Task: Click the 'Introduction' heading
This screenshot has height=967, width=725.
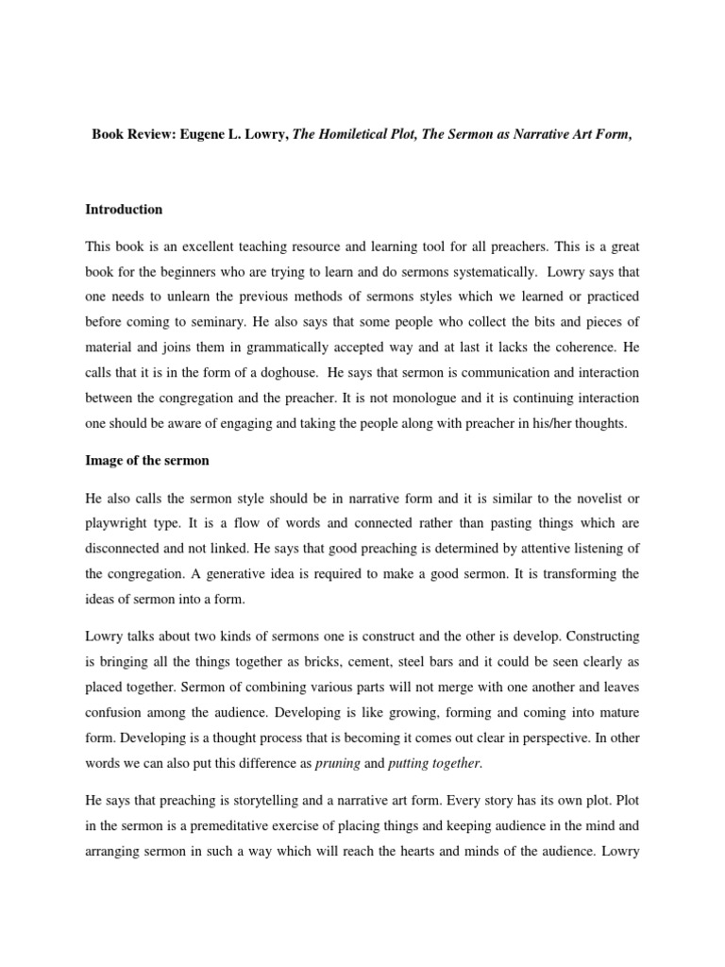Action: pos(124,210)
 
